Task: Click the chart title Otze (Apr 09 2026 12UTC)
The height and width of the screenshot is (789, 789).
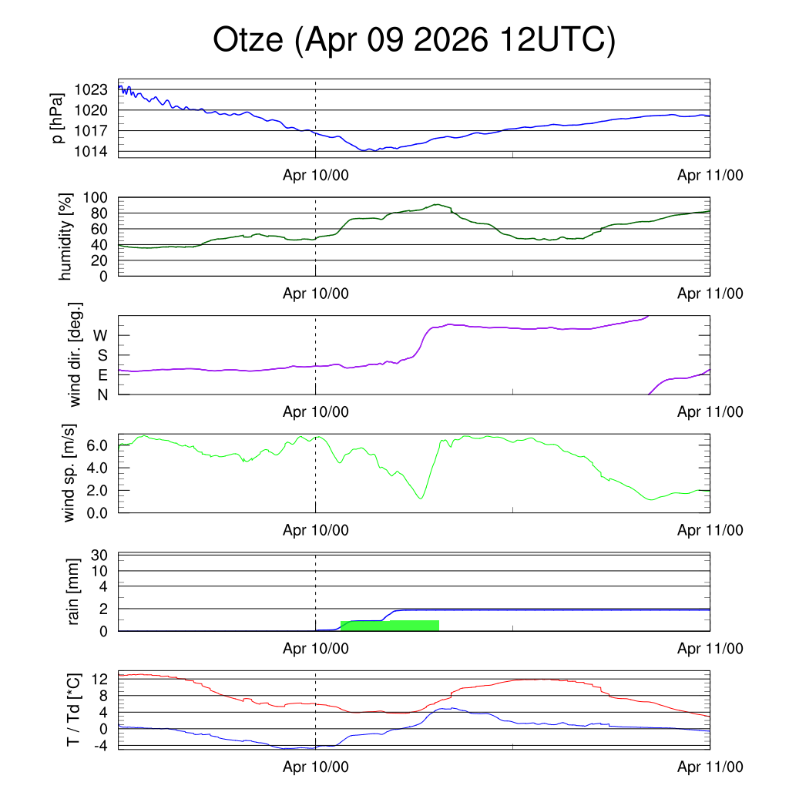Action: click(x=414, y=40)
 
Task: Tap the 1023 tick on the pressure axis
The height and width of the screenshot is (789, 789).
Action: click(x=91, y=89)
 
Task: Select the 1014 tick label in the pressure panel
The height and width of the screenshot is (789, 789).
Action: click(x=91, y=152)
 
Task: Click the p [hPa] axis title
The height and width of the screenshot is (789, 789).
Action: click(x=58, y=118)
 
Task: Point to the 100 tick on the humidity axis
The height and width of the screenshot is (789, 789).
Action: click(x=96, y=198)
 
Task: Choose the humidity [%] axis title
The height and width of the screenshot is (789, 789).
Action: click(x=65, y=237)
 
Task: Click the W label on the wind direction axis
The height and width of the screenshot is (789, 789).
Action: click(x=101, y=336)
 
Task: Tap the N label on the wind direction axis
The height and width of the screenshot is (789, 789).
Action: click(x=102, y=395)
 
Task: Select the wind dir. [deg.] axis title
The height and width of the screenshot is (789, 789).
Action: click(x=75, y=354)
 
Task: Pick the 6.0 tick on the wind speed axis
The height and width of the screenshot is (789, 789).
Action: click(x=97, y=445)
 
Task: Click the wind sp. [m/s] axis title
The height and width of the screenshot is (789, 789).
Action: click(x=69, y=473)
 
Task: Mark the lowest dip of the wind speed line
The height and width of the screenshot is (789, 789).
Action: click(x=421, y=499)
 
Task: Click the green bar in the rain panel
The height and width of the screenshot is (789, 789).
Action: click(x=390, y=626)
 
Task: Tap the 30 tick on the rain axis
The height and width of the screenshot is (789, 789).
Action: click(x=99, y=555)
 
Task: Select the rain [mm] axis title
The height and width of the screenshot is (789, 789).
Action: click(x=73, y=592)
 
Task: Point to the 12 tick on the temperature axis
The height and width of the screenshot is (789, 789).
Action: click(x=99, y=680)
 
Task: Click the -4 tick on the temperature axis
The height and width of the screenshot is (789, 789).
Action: click(x=101, y=746)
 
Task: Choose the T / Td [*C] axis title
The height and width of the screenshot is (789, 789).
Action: click(x=73, y=710)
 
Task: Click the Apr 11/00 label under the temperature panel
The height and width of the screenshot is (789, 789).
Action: click(x=710, y=767)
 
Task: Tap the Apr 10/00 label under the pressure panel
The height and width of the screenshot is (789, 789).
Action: click(x=315, y=175)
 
